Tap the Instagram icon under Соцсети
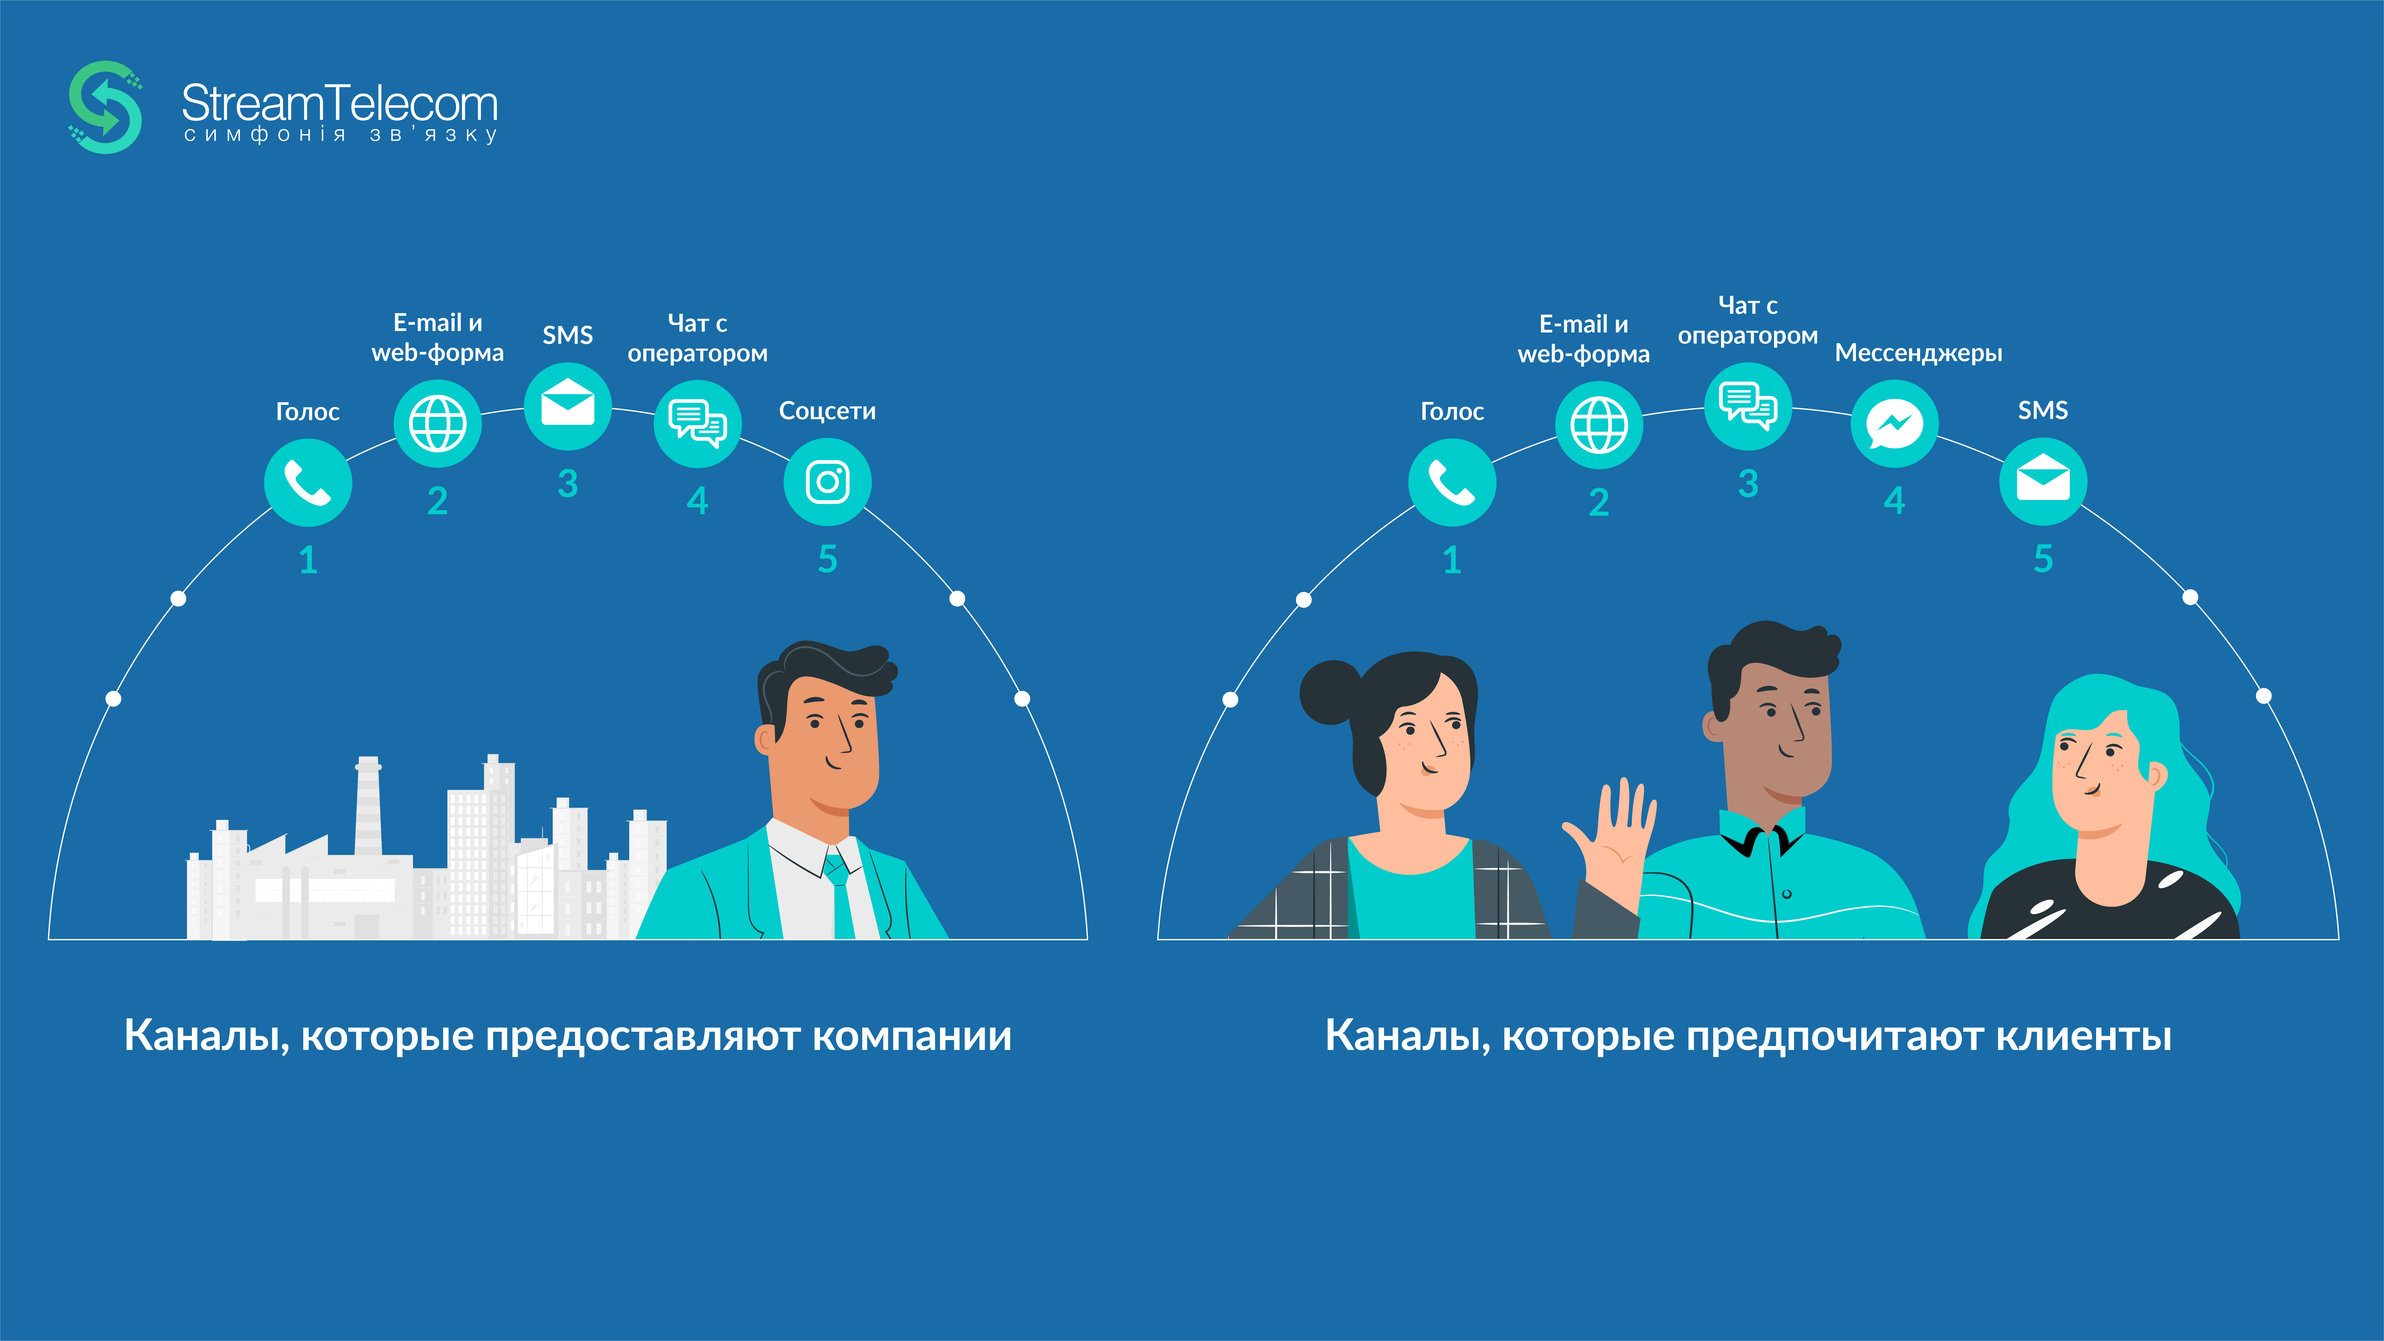coord(827,482)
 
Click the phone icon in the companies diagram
coord(308,482)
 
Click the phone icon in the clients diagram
coord(1452,482)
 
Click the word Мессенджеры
coord(1919,352)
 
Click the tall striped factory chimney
coord(368,805)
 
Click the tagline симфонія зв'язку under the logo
coord(341,135)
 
